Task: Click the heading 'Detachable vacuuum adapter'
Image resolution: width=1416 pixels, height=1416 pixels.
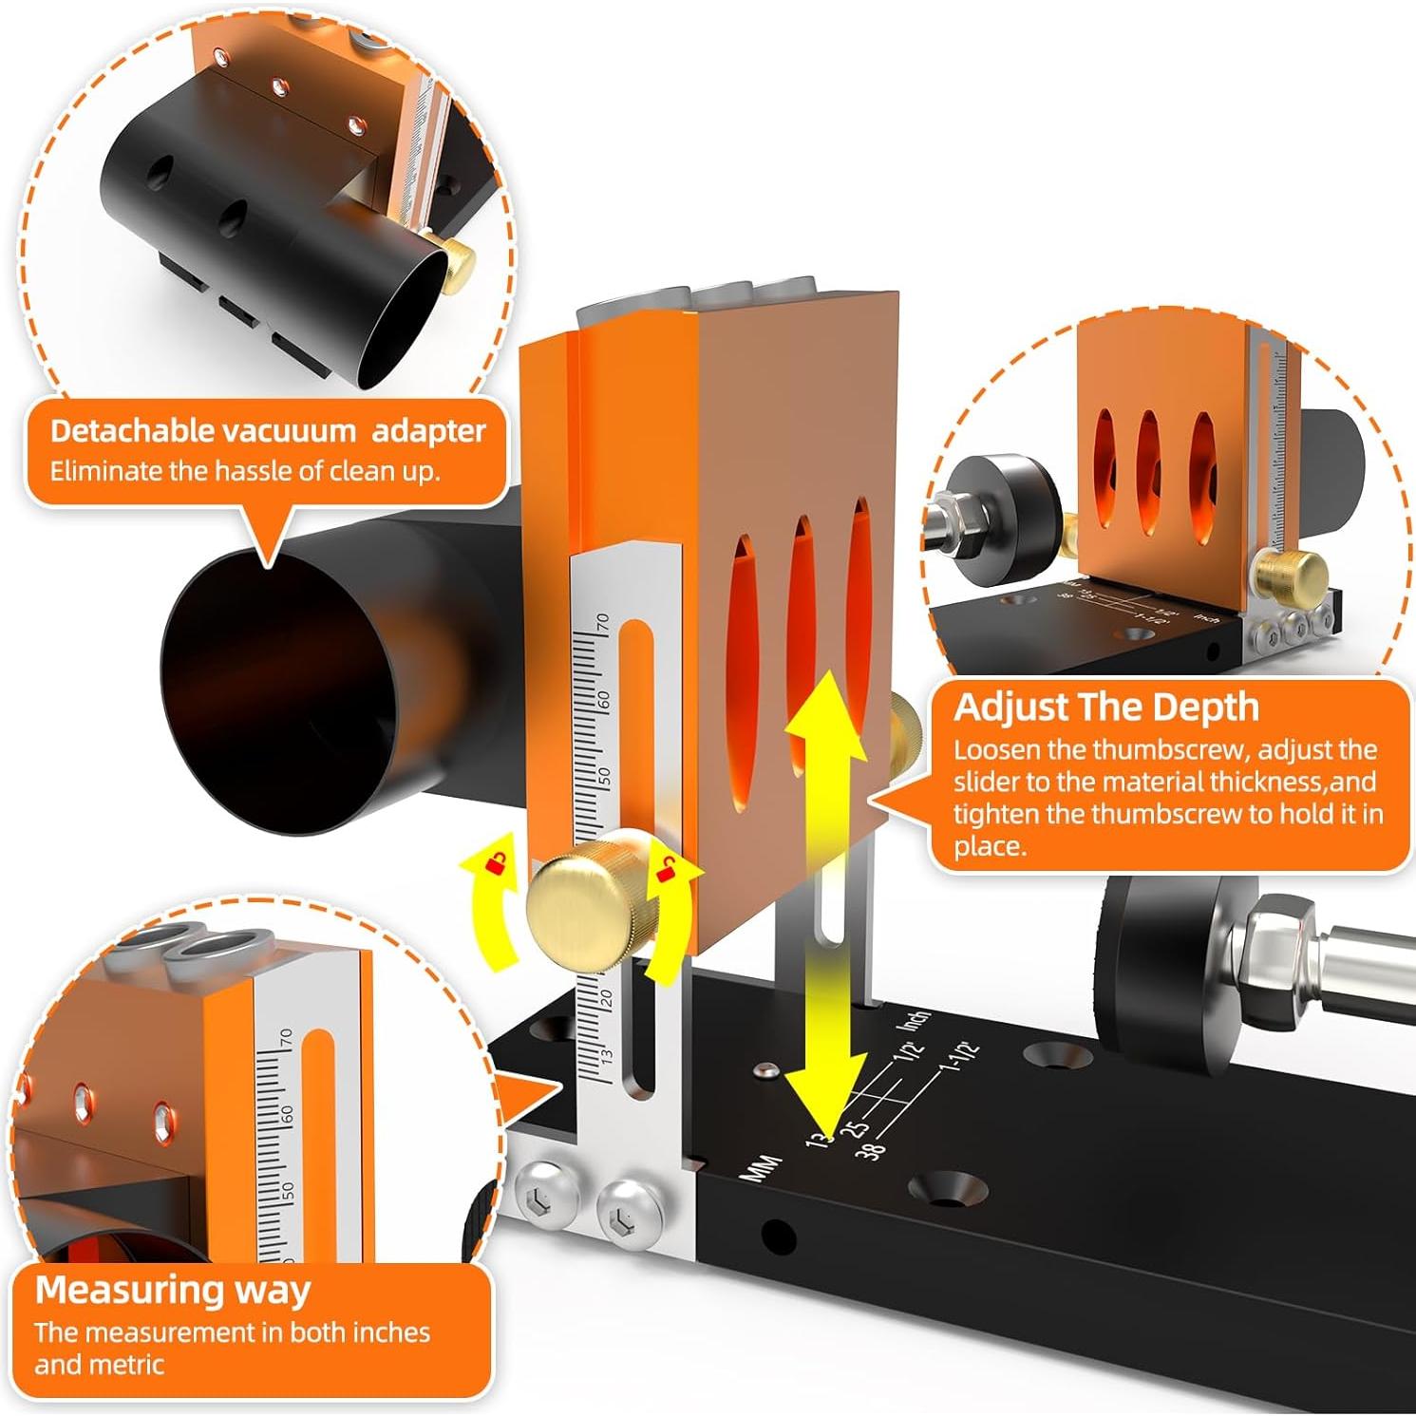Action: (267, 431)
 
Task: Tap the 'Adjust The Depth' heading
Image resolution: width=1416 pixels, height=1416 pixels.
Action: (1106, 708)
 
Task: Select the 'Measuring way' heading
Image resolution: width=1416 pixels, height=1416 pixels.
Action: (173, 1291)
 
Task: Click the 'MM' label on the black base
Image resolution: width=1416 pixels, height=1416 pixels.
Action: (759, 1167)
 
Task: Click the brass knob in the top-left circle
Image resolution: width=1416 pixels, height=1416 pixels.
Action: (461, 259)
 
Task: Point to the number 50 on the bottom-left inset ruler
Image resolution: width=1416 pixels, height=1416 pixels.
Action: (289, 1191)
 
